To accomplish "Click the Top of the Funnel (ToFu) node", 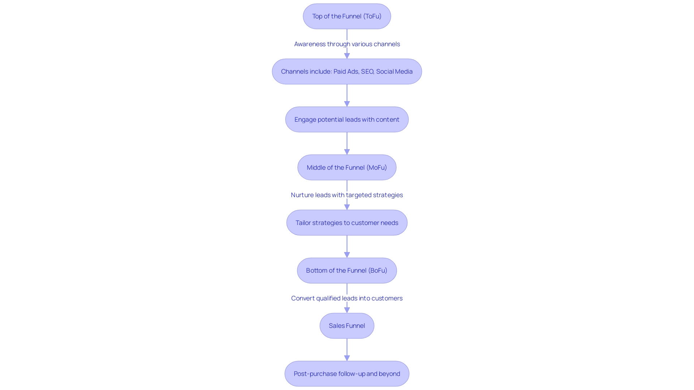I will click(347, 16).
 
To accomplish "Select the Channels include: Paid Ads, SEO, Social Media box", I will click(347, 71).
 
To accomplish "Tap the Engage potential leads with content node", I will click(347, 120).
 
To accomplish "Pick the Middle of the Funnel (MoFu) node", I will click(347, 168).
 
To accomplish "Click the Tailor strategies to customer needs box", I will click(347, 223).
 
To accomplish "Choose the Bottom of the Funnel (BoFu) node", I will click(347, 270).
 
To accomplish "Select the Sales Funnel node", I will click(347, 326).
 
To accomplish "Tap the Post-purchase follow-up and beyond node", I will click(347, 374).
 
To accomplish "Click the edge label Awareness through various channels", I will click(347, 44).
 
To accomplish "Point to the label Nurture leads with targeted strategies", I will click(347, 195).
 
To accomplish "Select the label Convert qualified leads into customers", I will click(347, 298).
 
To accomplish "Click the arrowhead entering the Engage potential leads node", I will click(347, 104).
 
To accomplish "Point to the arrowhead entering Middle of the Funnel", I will click(347, 152).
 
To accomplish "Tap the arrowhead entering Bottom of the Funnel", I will click(347, 255).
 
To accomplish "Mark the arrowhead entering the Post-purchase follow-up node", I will click(347, 358).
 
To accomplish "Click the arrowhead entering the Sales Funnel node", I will click(347, 310).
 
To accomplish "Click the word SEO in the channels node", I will click(367, 71).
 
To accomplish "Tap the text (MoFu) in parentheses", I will click(377, 168).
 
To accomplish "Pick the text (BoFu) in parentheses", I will click(378, 270).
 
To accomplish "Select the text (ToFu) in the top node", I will click(372, 16).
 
